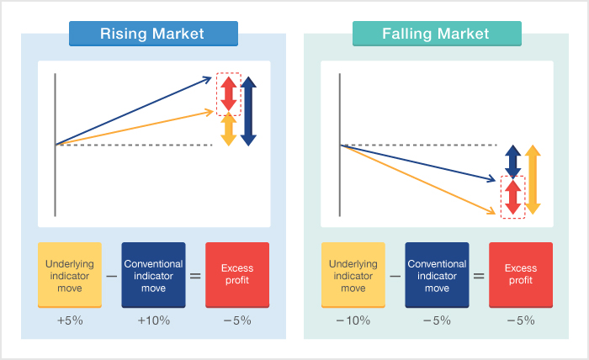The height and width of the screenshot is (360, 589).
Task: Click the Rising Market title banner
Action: pos(153,34)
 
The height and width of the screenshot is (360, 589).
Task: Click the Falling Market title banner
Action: pos(437,34)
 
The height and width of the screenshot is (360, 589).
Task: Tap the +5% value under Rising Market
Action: pos(70,320)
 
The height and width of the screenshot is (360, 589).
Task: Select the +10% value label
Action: pos(154,320)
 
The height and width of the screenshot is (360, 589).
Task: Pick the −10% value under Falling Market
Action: pos(353,320)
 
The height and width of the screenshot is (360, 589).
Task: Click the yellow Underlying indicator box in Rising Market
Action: pos(70,275)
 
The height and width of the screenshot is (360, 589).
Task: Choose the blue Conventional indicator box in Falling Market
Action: pos(437,275)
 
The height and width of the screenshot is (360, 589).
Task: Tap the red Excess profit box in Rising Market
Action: pos(237,275)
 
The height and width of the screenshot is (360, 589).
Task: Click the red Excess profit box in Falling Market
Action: pos(521,275)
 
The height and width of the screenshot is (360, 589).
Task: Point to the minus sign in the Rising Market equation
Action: pos(112,276)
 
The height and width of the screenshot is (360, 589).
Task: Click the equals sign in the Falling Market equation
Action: pos(479,276)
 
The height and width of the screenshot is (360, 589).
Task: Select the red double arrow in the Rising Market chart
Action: pos(228,94)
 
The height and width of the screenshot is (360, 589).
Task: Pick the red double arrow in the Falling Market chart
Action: pos(512,198)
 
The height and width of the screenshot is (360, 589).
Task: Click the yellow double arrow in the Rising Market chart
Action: pos(228,129)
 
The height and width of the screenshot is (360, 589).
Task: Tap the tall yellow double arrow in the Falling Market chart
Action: pos(533,180)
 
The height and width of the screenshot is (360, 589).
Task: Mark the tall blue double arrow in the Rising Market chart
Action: pos(248,111)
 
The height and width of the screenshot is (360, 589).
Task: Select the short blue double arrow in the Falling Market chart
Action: pos(512,162)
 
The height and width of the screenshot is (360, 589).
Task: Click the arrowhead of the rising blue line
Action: pos(208,79)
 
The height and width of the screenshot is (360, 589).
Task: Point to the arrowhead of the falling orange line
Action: pos(491,211)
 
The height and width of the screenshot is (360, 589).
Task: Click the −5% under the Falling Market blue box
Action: pos(437,320)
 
